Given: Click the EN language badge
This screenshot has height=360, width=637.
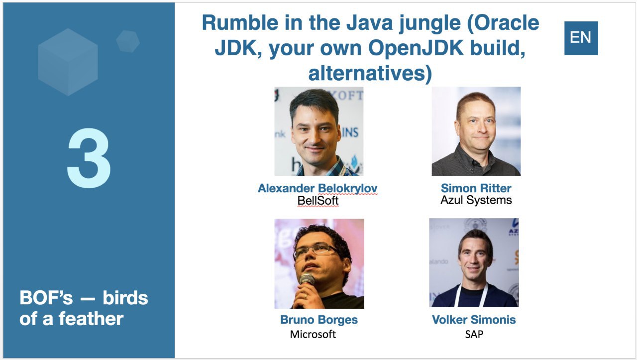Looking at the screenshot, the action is (581, 38).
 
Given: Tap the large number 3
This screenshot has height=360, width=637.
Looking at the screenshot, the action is (89, 158).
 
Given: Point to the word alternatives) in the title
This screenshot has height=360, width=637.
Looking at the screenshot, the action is (370, 73).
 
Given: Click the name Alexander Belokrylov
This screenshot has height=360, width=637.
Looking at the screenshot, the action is (318, 188).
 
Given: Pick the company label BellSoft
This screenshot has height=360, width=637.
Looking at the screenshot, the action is (318, 201).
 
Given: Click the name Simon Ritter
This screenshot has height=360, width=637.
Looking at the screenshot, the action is (476, 188).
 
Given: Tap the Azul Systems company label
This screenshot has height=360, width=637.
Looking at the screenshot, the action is (476, 200).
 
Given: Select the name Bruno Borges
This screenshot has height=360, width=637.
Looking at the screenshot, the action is (319, 320).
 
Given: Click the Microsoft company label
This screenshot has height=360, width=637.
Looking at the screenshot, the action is (313, 334).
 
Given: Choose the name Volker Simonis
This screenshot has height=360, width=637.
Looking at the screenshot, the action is (474, 320).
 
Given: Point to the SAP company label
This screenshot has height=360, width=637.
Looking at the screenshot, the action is (474, 334).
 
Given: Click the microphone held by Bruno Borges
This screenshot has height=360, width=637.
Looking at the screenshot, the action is (307, 280).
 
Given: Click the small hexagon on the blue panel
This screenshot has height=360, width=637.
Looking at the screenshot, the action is (128, 41).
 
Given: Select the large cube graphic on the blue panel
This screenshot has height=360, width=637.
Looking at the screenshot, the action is (68, 62).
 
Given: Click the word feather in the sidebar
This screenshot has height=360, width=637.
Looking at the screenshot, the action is (91, 319).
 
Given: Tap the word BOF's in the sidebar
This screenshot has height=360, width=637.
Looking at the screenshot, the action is (46, 298).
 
